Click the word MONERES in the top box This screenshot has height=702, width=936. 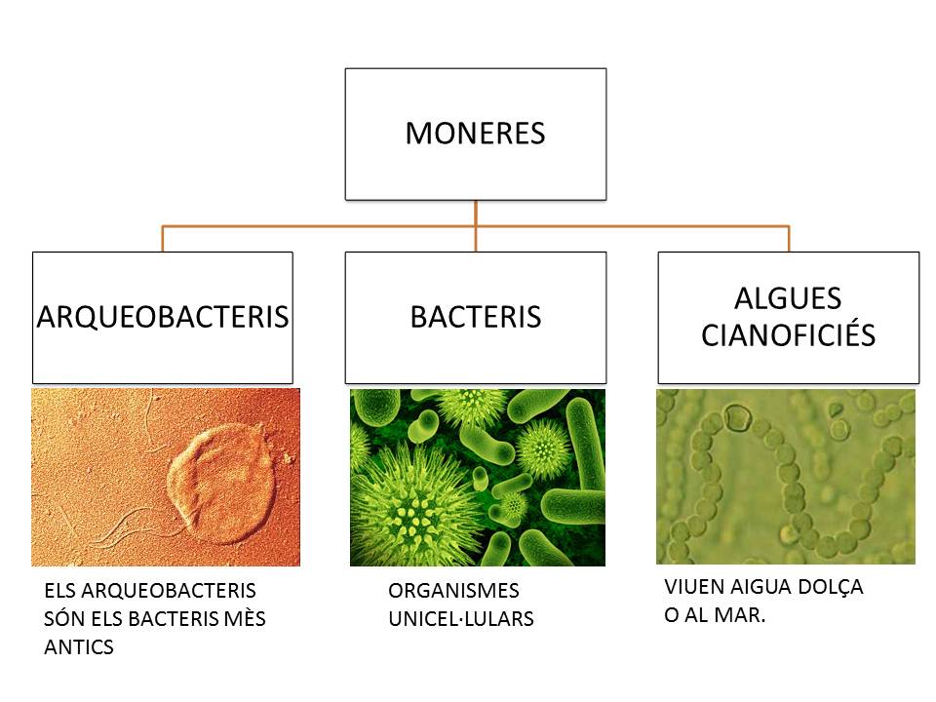(475, 134)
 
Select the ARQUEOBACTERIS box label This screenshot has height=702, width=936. (163, 317)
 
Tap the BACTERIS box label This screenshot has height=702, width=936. (476, 317)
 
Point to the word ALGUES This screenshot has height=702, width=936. (788, 298)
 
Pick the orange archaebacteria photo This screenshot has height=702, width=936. (166, 477)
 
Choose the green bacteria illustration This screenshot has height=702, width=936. (478, 478)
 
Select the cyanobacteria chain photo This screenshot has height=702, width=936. (786, 477)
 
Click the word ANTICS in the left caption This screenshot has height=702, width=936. (79, 647)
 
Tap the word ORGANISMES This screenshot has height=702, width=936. (453, 591)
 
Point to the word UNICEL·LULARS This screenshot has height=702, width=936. (461, 619)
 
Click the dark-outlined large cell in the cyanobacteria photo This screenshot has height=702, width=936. (737, 417)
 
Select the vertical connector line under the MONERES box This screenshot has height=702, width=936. (476, 225)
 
